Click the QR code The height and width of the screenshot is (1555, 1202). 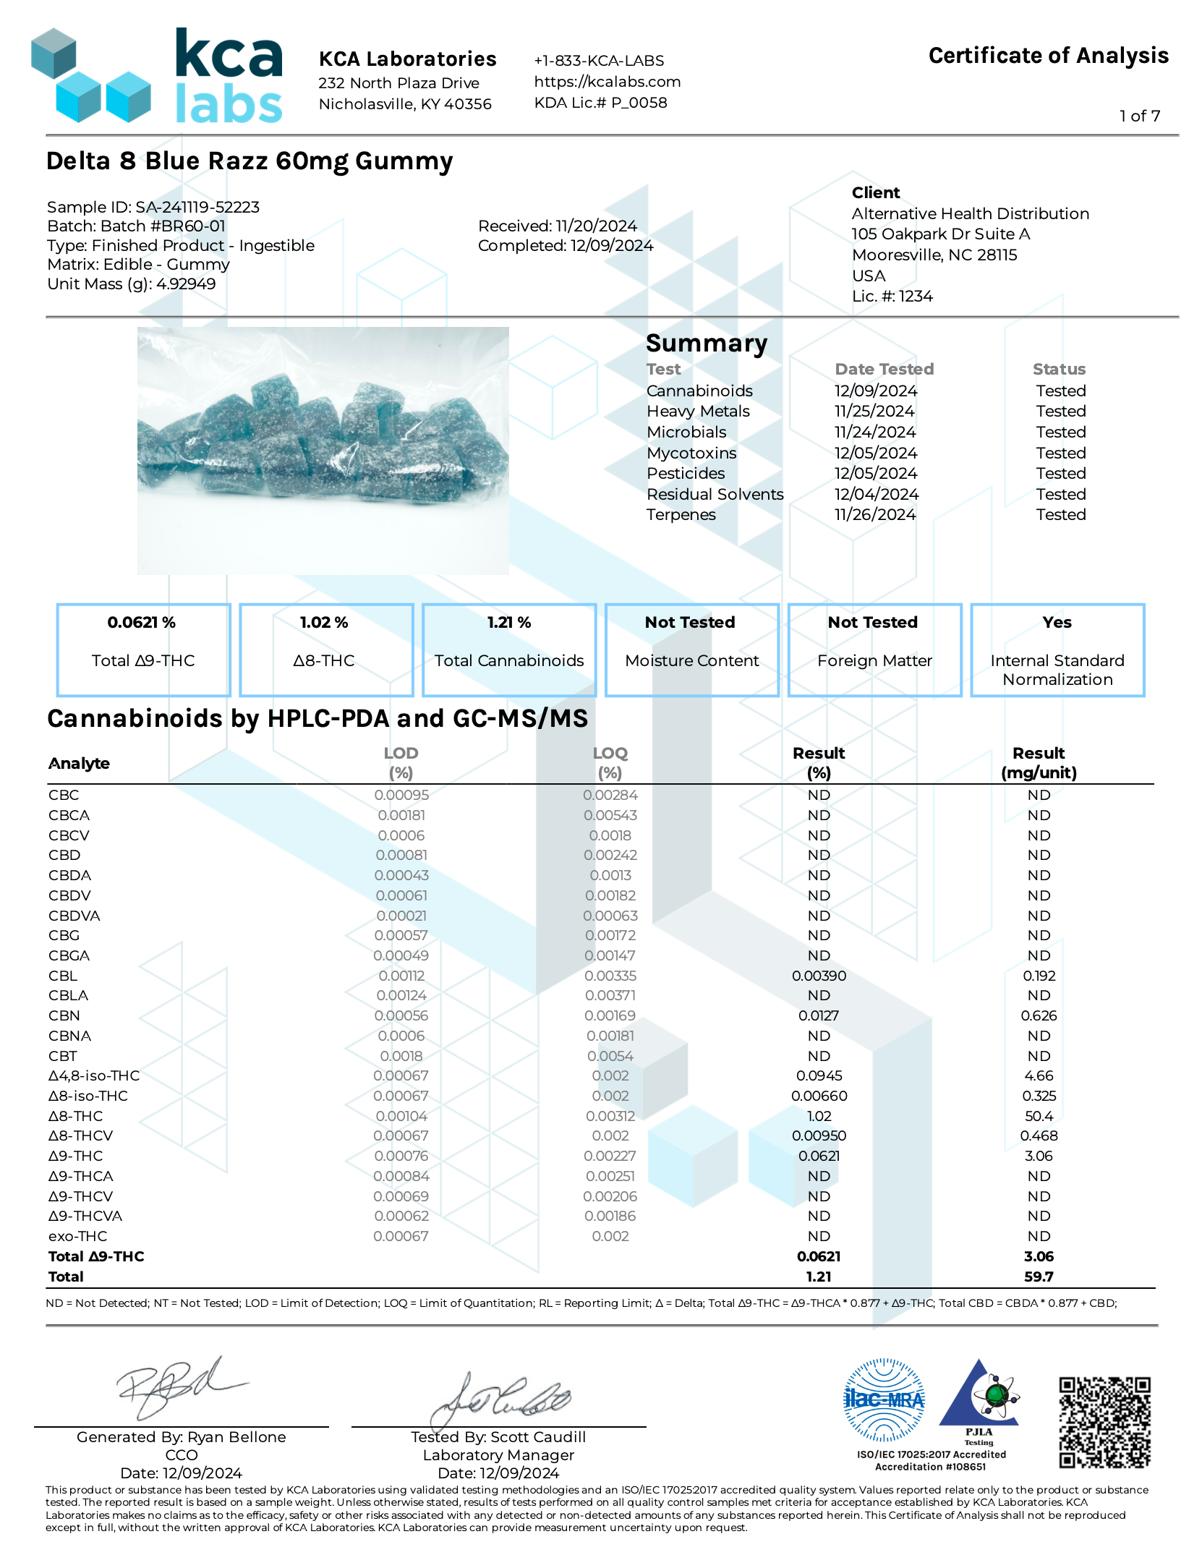pyautogui.click(x=1104, y=1422)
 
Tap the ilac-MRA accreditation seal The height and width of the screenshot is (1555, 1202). pyautogui.click(x=884, y=1400)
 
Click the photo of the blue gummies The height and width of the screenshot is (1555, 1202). pyautogui.click(x=323, y=450)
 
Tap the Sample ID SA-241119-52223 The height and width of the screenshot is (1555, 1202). pyautogui.click(x=197, y=207)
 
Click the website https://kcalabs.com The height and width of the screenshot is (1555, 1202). pyautogui.click(x=607, y=82)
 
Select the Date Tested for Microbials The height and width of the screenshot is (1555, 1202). pyautogui.click(x=874, y=432)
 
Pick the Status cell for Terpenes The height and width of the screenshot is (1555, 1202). pyautogui.click(x=1060, y=514)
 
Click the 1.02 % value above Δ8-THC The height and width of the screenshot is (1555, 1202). pyautogui.click(x=324, y=622)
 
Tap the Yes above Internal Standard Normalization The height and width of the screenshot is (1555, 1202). pyautogui.click(x=1057, y=622)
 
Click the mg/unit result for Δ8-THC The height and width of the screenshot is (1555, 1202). pyautogui.click(x=1039, y=1116)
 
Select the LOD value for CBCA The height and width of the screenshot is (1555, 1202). pyautogui.click(x=401, y=815)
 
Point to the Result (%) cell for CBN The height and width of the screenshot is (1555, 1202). pyautogui.click(x=819, y=1015)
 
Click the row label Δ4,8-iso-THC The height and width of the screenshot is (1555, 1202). pyautogui.click(x=94, y=1075)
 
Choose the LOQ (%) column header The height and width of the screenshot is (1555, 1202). pyautogui.click(x=610, y=762)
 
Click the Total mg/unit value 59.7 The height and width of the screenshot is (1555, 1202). pyautogui.click(x=1039, y=1277)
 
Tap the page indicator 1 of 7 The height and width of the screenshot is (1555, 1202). pyautogui.click(x=1140, y=116)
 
